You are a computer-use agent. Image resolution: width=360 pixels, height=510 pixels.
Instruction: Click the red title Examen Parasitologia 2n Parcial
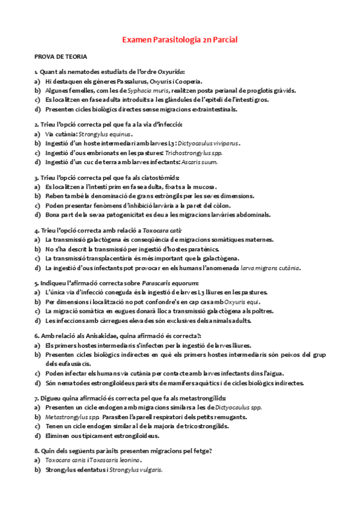click(180, 40)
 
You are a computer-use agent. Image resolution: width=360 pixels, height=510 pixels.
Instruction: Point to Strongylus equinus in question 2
click(105, 134)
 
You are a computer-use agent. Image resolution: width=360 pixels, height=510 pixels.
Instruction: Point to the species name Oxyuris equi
click(243, 301)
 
